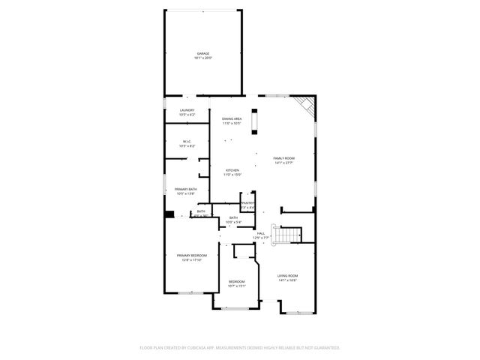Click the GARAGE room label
(x=203, y=54)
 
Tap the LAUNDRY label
(x=187, y=110)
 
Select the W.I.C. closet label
(x=187, y=141)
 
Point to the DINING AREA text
(x=232, y=119)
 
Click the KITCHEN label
(x=233, y=170)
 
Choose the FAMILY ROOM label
(x=283, y=158)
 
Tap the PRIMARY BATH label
(x=186, y=189)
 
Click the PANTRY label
(x=247, y=202)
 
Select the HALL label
(x=260, y=233)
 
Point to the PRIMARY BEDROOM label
(x=190, y=256)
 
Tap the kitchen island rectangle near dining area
(x=254, y=121)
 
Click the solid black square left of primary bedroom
(x=170, y=214)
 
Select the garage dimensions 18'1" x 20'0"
(x=203, y=58)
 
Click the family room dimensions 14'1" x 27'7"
(x=283, y=163)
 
